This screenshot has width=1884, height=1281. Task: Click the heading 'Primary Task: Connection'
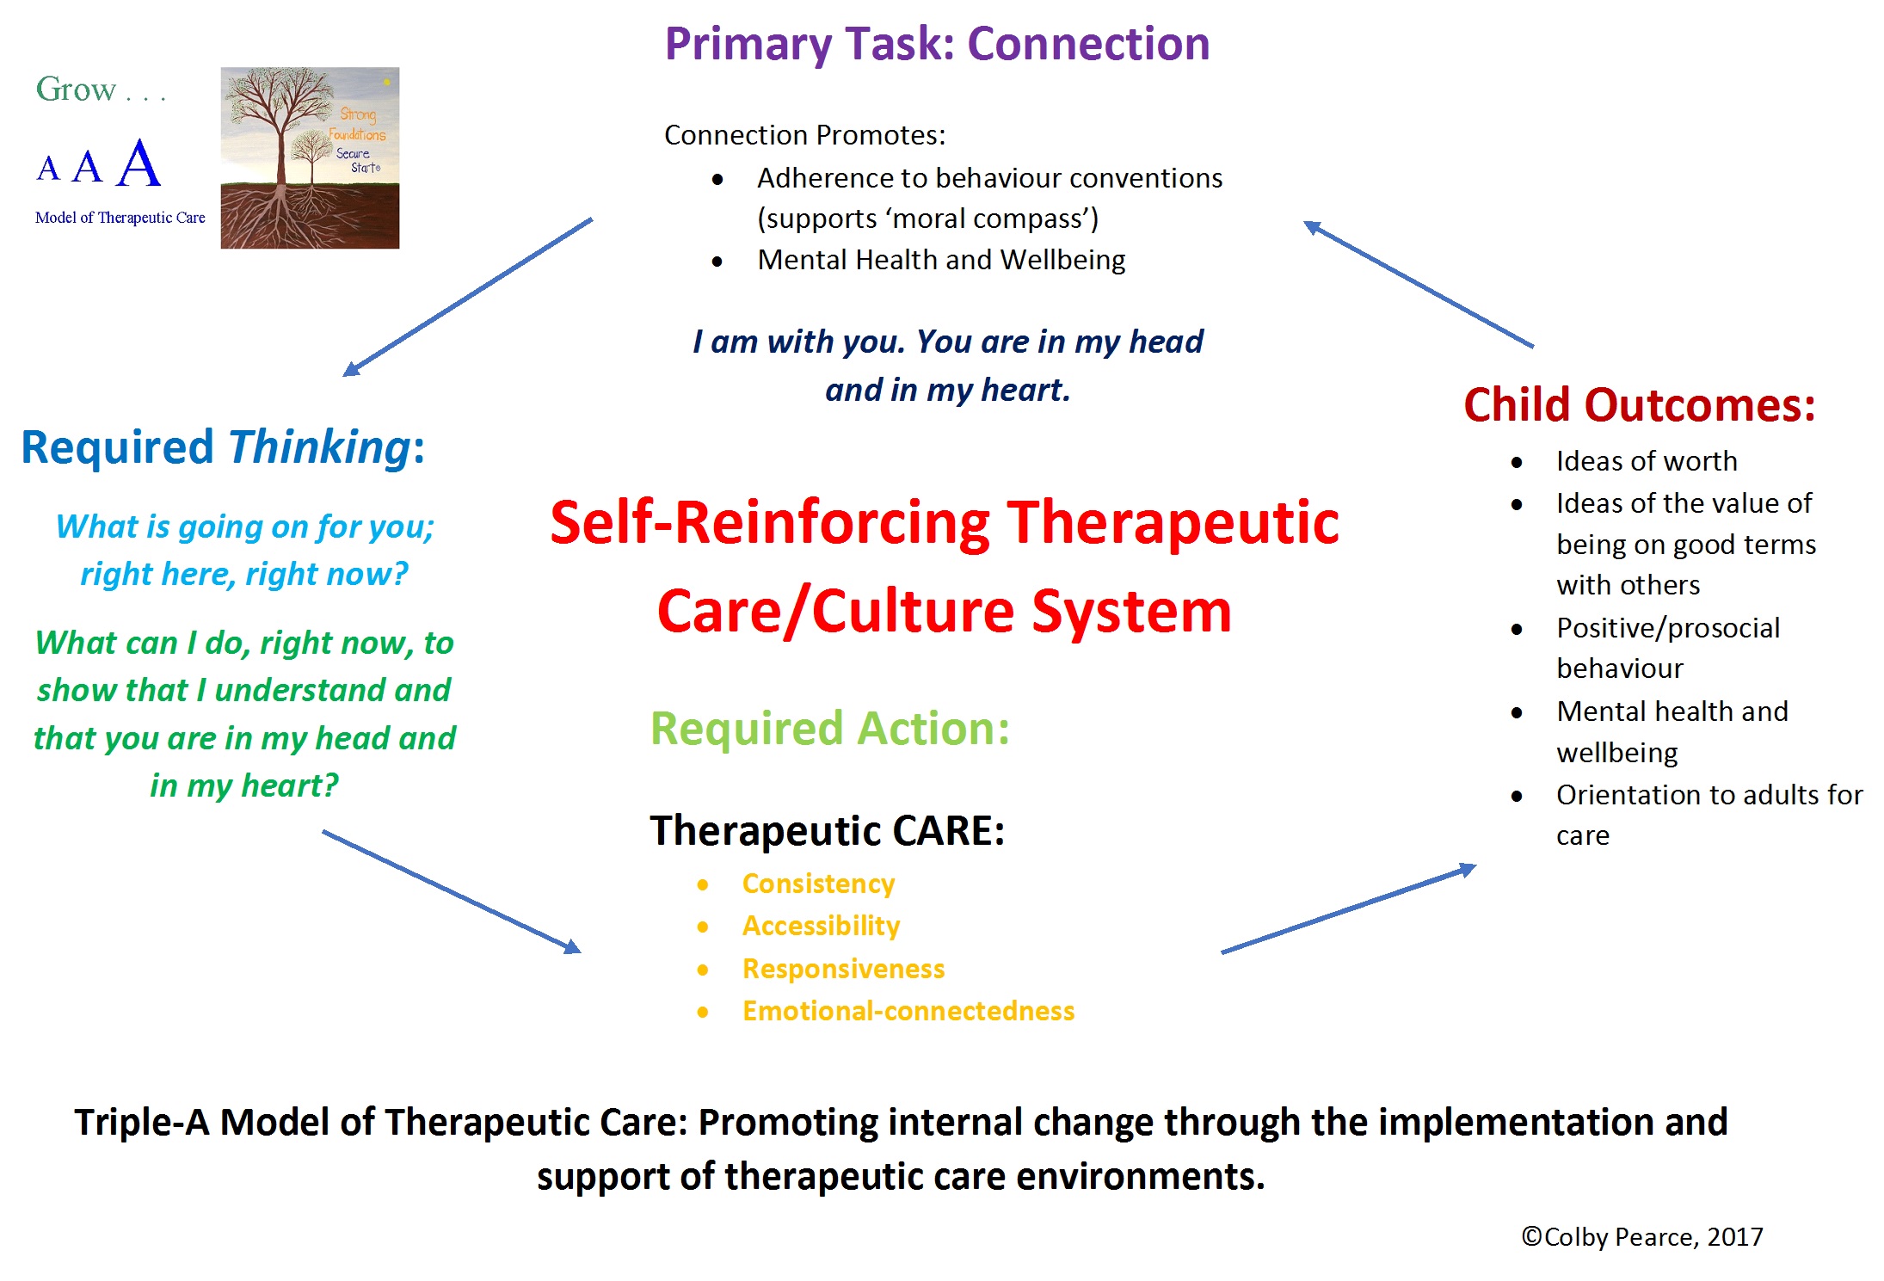pyautogui.click(x=937, y=44)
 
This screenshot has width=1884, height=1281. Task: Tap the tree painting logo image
pyautogui.click(x=310, y=158)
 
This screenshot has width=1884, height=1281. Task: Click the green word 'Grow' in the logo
pyautogui.click(x=76, y=89)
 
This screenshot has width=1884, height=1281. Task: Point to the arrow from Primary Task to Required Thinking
pyautogui.click(x=468, y=297)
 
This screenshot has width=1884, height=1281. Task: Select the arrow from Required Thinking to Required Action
pyautogui.click(x=452, y=892)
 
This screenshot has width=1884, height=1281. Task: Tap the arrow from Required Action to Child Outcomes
pyautogui.click(x=1348, y=910)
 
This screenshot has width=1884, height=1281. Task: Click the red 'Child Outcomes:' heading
pyautogui.click(x=1640, y=404)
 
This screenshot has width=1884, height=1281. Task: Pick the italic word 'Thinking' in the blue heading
pyautogui.click(x=319, y=447)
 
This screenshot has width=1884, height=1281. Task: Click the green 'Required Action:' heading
pyautogui.click(x=830, y=729)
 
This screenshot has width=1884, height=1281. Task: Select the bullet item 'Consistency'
pyautogui.click(x=818, y=884)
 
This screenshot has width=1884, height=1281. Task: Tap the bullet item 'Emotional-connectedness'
pyautogui.click(x=908, y=1011)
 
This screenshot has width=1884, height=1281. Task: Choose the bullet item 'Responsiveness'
pyautogui.click(x=843, y=969)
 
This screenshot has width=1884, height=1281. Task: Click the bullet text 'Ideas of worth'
pyautogui.click(x=1647, y=461)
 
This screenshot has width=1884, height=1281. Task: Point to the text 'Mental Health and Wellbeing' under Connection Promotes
pyautogui.click(x=941, y=260)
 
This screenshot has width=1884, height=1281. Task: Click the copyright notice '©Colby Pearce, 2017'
pyautogui.click(x=1642, y=1236)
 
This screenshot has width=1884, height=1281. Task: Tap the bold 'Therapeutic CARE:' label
pyautogui.click(x=828, y=831)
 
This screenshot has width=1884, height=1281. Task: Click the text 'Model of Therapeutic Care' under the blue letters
pyautogui.click(x=120, y=218)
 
